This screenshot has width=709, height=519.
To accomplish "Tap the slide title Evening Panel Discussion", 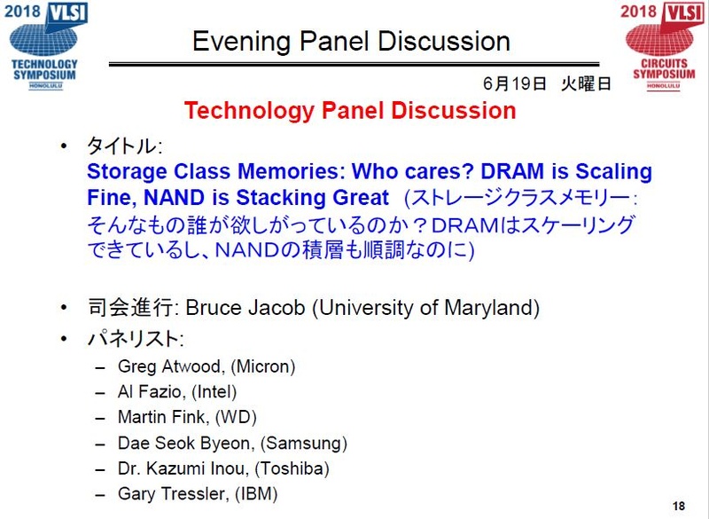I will [351, 42].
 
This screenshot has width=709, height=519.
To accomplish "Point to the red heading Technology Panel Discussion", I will [349, 111].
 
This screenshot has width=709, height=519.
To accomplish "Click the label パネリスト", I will [134, 338].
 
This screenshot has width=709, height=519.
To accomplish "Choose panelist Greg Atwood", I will [163, 366].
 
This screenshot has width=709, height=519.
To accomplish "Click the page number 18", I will [679, 507].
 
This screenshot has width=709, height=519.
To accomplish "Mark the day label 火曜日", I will [586, 84].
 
